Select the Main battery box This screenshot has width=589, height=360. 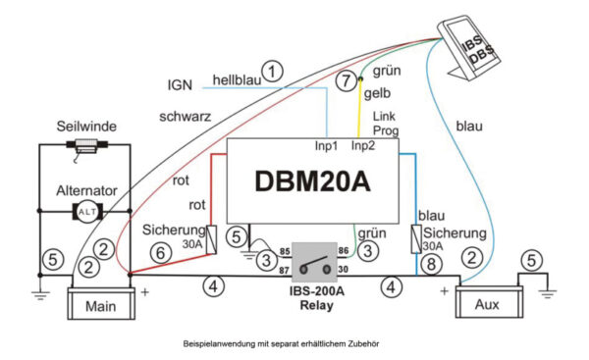coord(98,304)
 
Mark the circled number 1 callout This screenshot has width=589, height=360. coord(274,70)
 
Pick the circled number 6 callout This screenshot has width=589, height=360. coord(161,252)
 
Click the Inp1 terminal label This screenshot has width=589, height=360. coord(327,147)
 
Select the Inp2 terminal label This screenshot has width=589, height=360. coord(363,147)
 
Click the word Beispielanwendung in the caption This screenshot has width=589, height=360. coord(225,345)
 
